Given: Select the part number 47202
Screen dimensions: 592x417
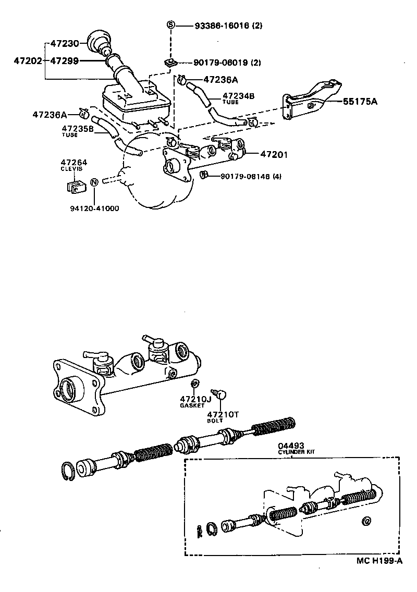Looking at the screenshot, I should coord(28,61).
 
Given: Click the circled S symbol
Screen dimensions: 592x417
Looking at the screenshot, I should coord(170,25).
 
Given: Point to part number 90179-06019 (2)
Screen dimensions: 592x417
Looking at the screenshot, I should coord(227,63).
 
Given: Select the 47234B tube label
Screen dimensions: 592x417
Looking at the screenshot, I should coord(238,96).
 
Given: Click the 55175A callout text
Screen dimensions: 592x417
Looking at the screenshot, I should coord(360,102).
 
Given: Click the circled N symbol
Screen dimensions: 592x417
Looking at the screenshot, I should coord(94,182).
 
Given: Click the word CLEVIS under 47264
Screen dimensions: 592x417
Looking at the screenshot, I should coord(71,169).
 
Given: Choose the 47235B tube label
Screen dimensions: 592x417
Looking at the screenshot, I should coord(77,129).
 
